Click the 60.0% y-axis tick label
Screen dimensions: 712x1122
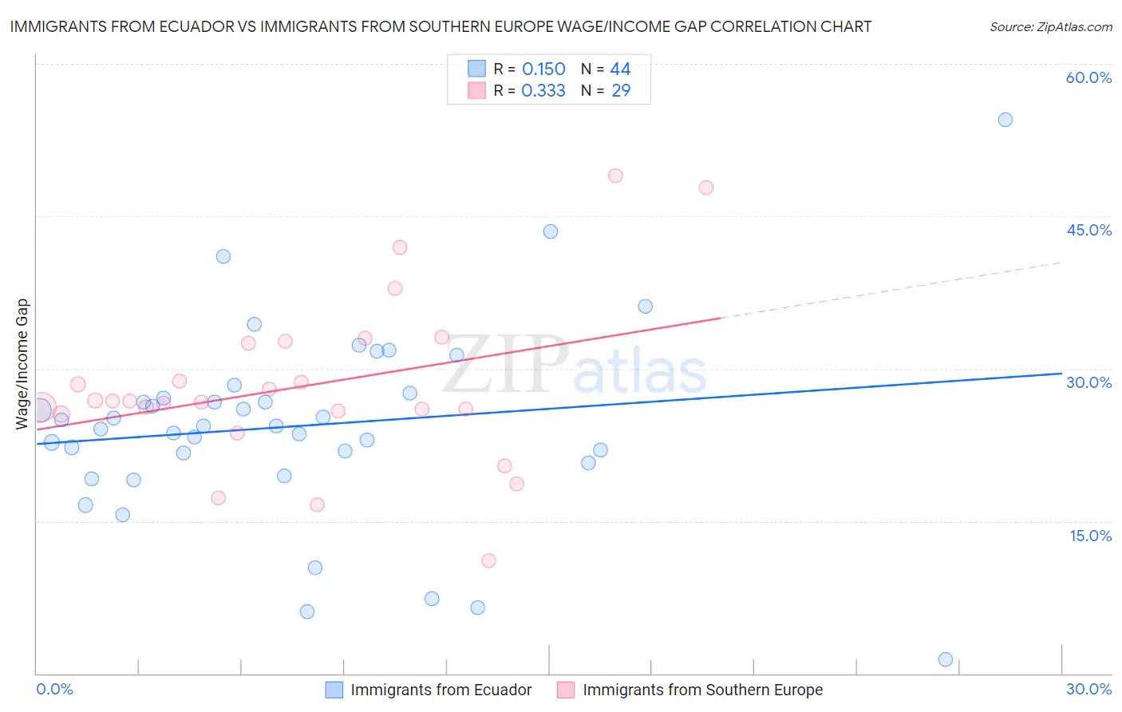1088,77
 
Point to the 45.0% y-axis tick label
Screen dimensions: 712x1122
1088,230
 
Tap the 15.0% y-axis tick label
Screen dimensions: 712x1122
1090,536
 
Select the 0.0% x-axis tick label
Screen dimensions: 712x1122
54,689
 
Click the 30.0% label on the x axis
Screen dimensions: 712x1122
1088,689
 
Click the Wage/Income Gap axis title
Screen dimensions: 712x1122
22,364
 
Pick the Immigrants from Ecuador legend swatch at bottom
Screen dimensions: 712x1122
334,690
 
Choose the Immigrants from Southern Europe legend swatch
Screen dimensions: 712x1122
566,690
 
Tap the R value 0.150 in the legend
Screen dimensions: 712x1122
543,69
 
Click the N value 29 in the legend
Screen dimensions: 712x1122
621,91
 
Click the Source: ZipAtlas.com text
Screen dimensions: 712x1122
1050,27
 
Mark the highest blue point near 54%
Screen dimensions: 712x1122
1005,120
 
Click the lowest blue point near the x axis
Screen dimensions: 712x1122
946,659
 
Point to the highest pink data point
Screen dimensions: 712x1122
615,176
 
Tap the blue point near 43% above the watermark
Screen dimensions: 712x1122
551,231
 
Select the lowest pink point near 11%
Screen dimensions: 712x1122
488,560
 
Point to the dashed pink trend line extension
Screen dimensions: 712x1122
894,290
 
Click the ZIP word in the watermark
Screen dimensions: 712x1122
505,366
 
